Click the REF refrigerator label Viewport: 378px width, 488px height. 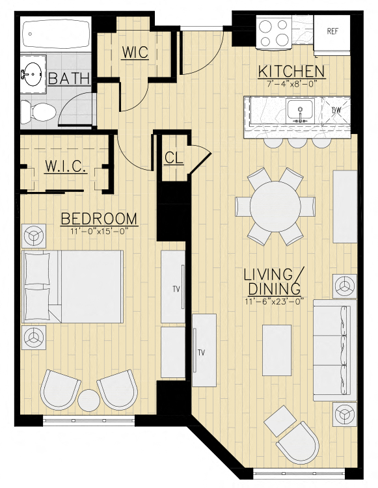pyautogui.click(x=332, y=31)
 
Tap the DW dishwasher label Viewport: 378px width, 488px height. pyautogui.click(x=336, y=111)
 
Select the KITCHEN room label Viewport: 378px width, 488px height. pyautogui.click(x=291, y=71)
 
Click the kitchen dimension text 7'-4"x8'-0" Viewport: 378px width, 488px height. pyautogui.click(x=291, y=83)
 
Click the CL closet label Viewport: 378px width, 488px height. pyautogui.click(x=174, y=157)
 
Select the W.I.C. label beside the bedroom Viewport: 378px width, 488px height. pyautogui.click(x=66, y=167)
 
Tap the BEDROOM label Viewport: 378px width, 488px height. pyautogui.click(x=99, y=219)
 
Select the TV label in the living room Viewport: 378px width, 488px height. pyautogui.click(x=202, y=353)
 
